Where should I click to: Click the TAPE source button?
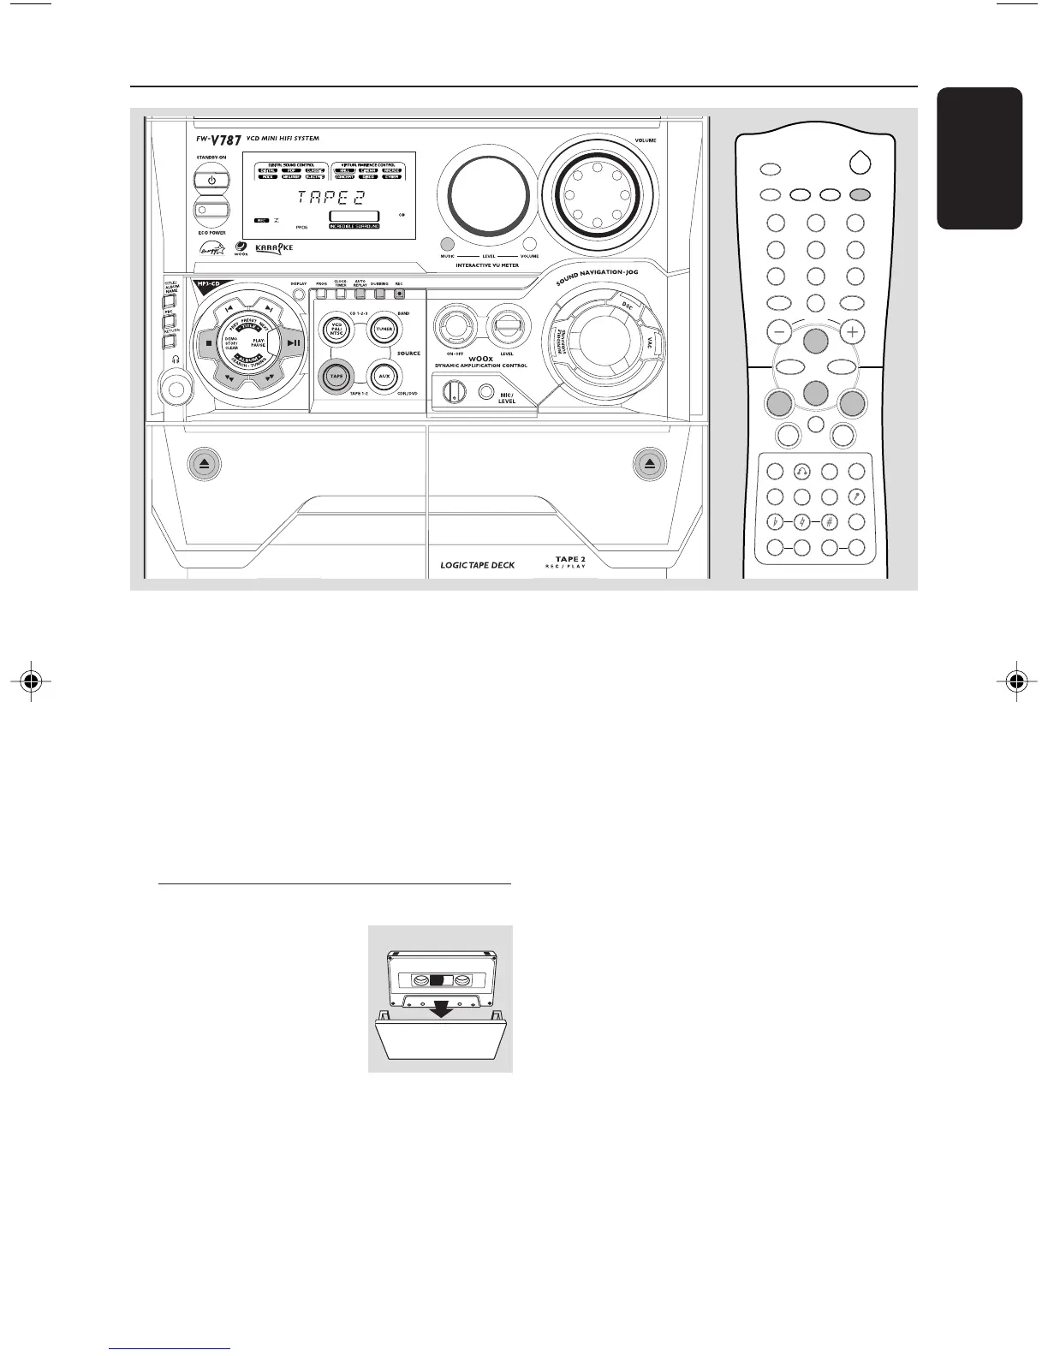coord(336,376)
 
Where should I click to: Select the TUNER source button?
coord(384,330)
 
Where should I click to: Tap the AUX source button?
coord(384,376)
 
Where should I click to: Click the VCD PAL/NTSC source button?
coord(336,330)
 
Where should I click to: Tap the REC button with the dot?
coord(399,294)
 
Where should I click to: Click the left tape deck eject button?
coord(205,464)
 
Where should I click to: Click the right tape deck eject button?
coord(650,464)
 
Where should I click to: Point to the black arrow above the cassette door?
coord(441,1011)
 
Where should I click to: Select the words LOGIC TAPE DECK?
coord(477,566)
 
